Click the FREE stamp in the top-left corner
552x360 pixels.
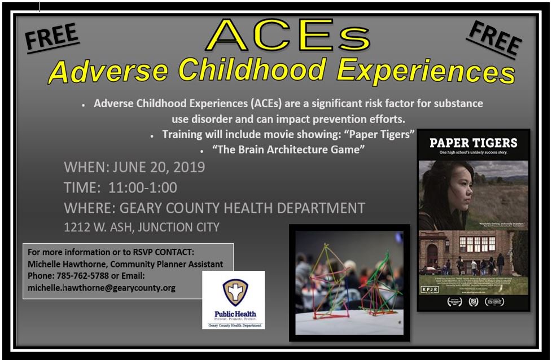[x=51, y=38]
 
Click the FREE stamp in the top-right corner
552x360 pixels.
[x=493, y=38]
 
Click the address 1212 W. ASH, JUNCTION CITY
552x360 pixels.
[x=142, y=227]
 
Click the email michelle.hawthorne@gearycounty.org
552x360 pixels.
[x=102, y=288]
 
